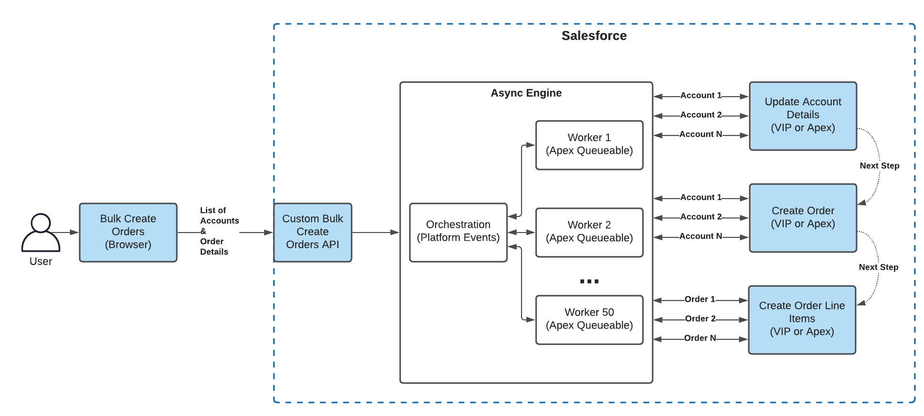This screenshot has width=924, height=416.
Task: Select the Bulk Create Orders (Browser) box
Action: [x=128, y=232]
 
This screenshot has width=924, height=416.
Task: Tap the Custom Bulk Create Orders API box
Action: [x=313, y=232]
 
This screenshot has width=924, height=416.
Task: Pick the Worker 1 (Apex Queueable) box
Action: [x=589, y=145]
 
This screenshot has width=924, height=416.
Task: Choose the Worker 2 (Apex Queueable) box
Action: [x=589, y=232]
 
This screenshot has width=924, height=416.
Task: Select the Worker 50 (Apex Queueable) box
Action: [x=589, y=319]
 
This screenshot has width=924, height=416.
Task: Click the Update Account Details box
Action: [x=803, y=116]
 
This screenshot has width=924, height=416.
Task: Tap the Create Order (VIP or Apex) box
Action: [x=803, y=217]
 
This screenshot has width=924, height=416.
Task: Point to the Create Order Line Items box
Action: [x=802, y=319]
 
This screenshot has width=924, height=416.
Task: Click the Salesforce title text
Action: [x=594, y=36]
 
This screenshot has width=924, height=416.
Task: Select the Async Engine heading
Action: [x=526, y=93]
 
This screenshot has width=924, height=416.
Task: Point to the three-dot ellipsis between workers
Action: [x=589, y=282]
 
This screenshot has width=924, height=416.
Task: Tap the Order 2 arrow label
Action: [x=700, y=319]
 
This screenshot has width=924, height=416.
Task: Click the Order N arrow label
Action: [x=700, y=338]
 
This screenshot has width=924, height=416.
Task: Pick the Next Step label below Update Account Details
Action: [x=879, y=166]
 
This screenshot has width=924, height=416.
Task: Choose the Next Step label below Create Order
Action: [x=878, y=267]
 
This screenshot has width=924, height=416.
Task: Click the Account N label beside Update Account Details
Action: [x=700, y=134]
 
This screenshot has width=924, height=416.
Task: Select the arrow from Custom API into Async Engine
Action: [x=375, y=233]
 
